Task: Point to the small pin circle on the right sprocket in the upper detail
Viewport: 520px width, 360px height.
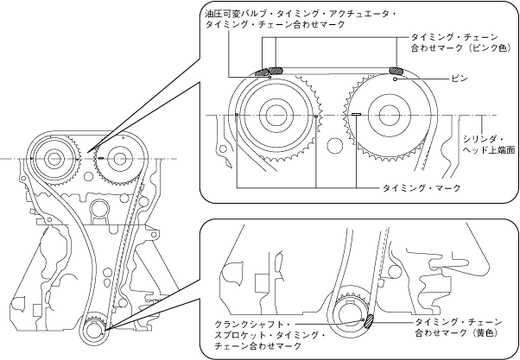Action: coord(395,79)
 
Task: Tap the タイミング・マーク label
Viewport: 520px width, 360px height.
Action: coord(422,187)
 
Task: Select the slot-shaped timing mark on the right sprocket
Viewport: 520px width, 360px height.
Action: coord(356,113)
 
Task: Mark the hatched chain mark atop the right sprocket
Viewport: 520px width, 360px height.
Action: coord(396,71)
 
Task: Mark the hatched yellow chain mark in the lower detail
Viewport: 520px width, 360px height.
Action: coord(369,321)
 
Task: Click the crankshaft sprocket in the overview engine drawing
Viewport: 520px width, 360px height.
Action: coord(95,330)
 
